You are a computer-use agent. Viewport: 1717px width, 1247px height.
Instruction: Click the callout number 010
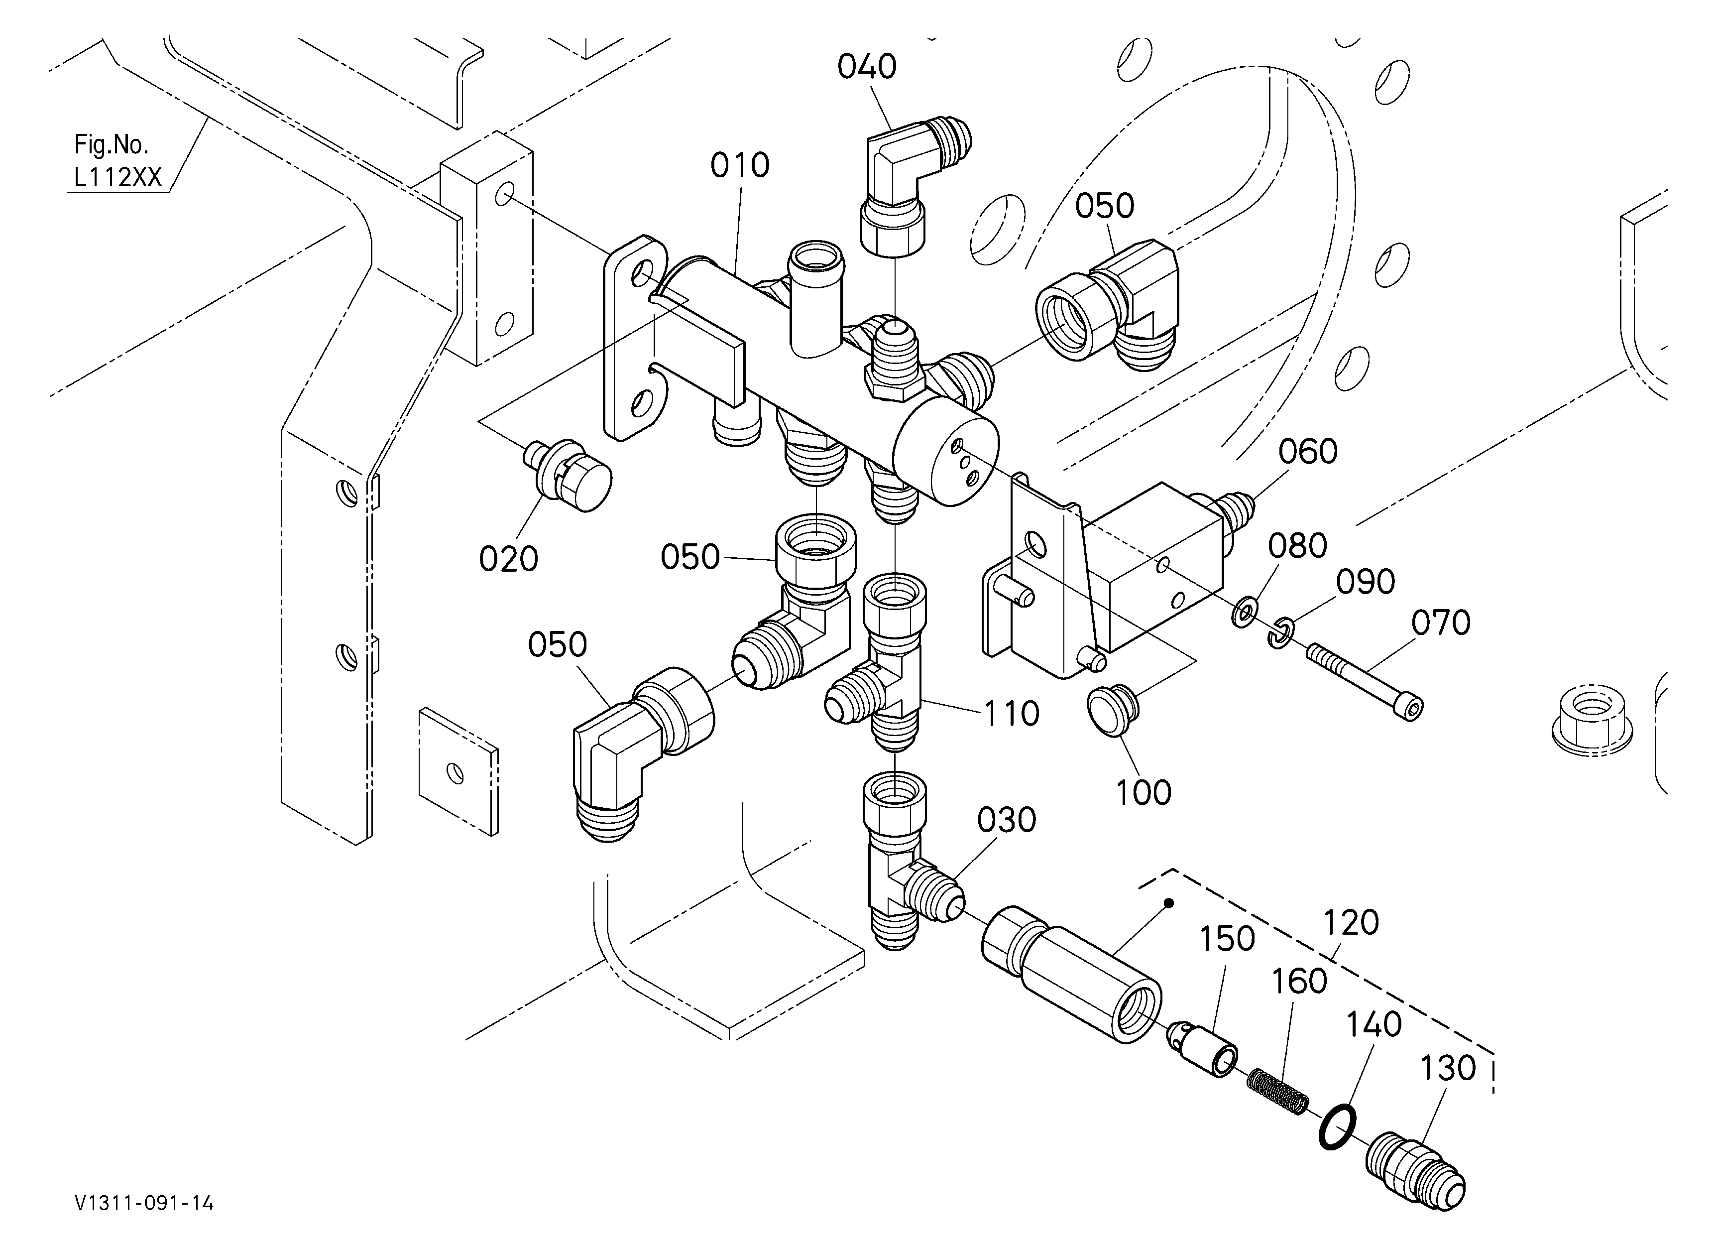740,165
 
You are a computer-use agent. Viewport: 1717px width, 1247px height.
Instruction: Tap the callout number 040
867,67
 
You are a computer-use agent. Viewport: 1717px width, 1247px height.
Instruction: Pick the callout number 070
1441,623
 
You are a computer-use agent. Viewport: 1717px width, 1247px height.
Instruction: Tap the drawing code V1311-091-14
144,1204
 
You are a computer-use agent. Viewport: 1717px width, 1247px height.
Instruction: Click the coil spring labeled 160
1277,1092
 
